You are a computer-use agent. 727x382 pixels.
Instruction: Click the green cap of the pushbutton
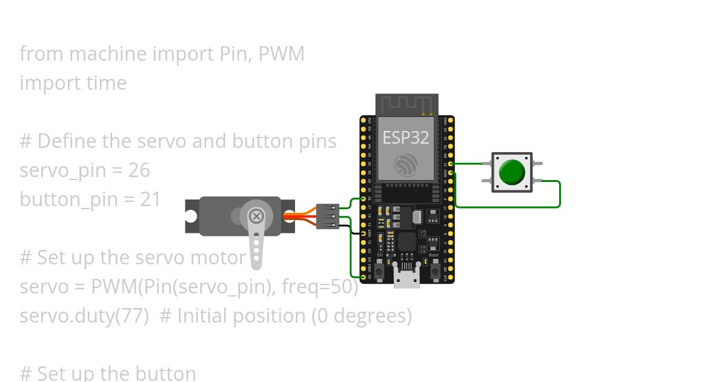[512, 172]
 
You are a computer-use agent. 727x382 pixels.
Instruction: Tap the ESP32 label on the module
[405, 138]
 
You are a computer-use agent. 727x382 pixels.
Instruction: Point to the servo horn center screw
[257, 216]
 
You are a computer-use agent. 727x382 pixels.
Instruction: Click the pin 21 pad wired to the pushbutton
[451, 164]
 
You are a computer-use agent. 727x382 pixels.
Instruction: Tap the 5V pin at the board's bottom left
[363, 277]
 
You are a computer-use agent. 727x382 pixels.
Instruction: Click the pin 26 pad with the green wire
[363, 199]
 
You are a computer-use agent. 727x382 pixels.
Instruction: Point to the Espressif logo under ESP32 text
[405, 165]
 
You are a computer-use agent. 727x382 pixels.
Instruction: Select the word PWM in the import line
[281, 54]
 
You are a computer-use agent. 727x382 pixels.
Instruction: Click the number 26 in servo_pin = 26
[139, 170]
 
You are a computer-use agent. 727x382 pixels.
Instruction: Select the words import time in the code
[73, 83]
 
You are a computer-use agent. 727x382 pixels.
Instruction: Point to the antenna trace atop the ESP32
[407, 104]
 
